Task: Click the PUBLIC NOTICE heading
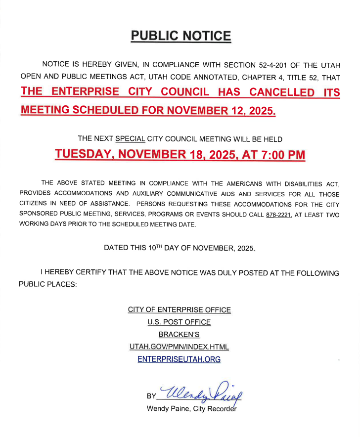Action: point(180,36)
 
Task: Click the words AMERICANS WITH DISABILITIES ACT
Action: point(279,184)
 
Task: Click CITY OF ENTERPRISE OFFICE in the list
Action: point(179,310)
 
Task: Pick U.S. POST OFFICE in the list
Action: point(179,322)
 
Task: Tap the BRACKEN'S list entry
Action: point(179,335)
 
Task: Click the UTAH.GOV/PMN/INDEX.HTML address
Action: point(179,347)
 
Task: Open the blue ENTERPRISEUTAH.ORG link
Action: point(179,359)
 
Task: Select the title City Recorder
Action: point(214,409)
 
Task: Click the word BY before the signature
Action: point(151,396)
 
